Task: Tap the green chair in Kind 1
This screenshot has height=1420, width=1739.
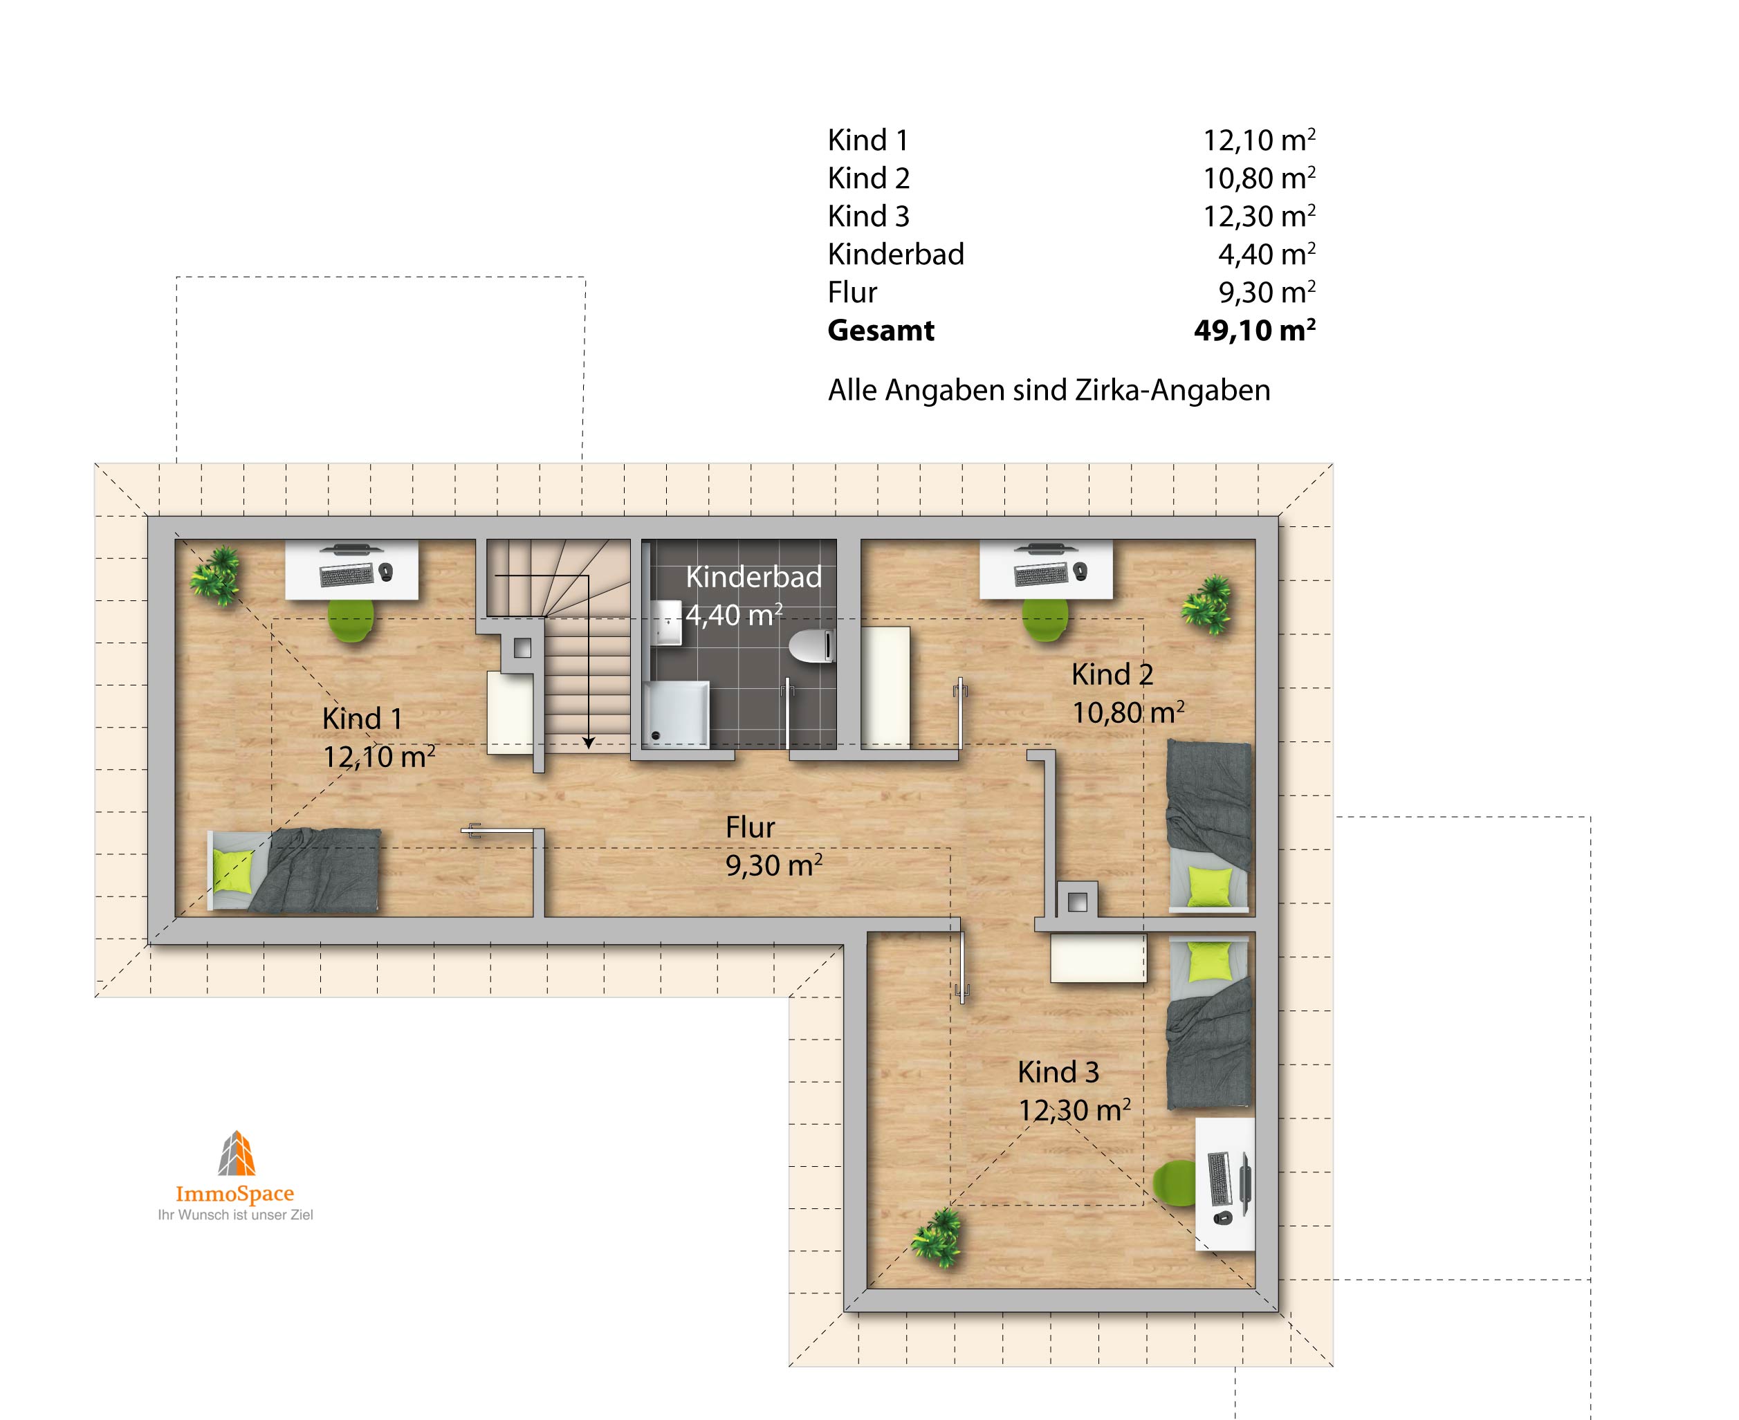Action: [351, 619]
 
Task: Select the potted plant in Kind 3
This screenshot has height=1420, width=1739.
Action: [937, 1237]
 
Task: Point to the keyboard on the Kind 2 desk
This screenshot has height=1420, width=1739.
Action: [1040, 574]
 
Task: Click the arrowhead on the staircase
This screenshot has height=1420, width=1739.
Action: [588, 743]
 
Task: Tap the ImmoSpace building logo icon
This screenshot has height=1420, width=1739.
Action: [237, 1153]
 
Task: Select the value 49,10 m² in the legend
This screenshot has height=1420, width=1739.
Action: [1255, 331]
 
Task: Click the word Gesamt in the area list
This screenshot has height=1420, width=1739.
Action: [881, 331]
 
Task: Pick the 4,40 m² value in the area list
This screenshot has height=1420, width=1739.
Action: [1267, 255]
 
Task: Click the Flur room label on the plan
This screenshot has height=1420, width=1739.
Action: [750, 827]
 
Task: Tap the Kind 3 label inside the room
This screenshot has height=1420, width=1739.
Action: [1058, 1071]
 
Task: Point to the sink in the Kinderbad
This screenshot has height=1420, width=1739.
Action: [667, 623]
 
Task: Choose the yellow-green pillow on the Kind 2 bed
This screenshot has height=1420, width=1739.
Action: [1209, 887]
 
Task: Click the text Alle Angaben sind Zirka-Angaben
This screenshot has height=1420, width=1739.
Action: [1049, 390]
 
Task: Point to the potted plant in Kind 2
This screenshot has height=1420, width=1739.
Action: [1206, 605]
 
